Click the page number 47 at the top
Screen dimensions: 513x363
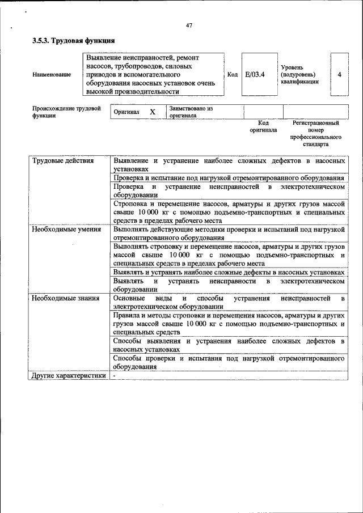tap(189, 24)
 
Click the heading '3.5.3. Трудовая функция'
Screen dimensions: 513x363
tap(74, 41)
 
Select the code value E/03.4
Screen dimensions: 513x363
tap(255, 74)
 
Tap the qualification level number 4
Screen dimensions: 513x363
tap(339, 74)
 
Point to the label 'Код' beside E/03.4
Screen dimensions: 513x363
tap(232, 74)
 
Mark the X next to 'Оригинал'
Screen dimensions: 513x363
tap(152, 112)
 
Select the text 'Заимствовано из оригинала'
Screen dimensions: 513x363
tap(191, 112)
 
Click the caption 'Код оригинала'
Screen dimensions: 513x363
tap(263, 126)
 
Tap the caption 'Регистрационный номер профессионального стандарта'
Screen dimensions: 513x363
tap(315, 133)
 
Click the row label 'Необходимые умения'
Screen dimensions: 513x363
tap(66, 230)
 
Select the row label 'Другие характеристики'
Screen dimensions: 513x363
tap(69, 375)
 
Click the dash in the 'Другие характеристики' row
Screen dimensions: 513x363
tap(114, 375)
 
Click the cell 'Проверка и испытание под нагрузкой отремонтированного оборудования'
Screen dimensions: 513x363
tap(229, 178)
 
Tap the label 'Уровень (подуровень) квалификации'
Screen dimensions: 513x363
tap(299, 74)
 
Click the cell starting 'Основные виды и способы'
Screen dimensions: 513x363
tap(229, 302)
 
